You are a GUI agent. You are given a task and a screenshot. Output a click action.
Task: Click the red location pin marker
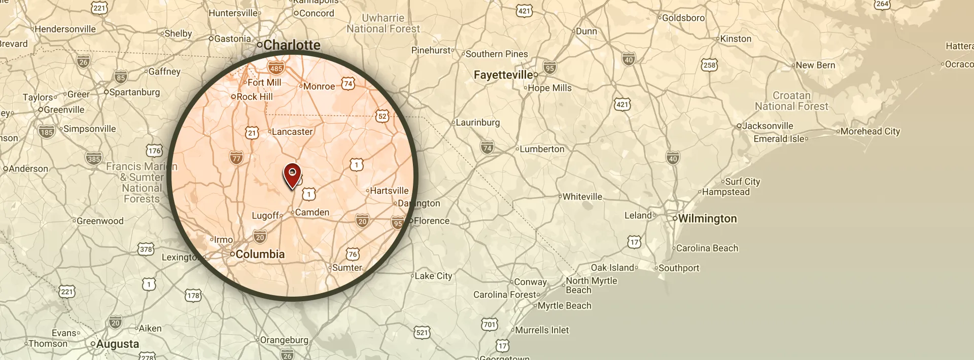292,174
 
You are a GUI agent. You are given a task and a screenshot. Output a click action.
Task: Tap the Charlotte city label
292,45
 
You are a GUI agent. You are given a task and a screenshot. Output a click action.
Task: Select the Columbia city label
260,254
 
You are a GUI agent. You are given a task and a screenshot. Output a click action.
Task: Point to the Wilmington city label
707,219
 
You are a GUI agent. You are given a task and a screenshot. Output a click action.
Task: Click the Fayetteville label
503,75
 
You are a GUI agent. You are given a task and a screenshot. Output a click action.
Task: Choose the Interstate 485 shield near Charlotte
276,68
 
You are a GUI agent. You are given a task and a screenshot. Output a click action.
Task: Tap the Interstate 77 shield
236,158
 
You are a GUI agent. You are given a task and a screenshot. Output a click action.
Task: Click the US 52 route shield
382,116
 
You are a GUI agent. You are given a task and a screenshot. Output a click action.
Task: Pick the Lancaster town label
292,132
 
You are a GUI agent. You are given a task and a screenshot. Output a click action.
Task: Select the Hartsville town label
389,191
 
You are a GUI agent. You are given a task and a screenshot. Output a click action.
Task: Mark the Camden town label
312,212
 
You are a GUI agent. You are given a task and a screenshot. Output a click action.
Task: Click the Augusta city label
117,344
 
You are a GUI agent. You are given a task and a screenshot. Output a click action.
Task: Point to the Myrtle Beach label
564,306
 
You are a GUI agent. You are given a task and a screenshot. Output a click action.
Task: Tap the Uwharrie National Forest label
384,23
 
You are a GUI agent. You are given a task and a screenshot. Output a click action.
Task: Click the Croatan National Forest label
791,101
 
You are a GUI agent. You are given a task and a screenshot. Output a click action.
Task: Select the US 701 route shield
490,324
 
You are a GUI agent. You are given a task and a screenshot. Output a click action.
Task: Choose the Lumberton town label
542,149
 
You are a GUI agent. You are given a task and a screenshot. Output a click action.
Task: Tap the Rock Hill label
255,97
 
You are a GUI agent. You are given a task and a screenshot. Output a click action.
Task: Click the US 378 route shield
146,249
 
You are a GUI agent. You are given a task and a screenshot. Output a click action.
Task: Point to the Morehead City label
870,131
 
